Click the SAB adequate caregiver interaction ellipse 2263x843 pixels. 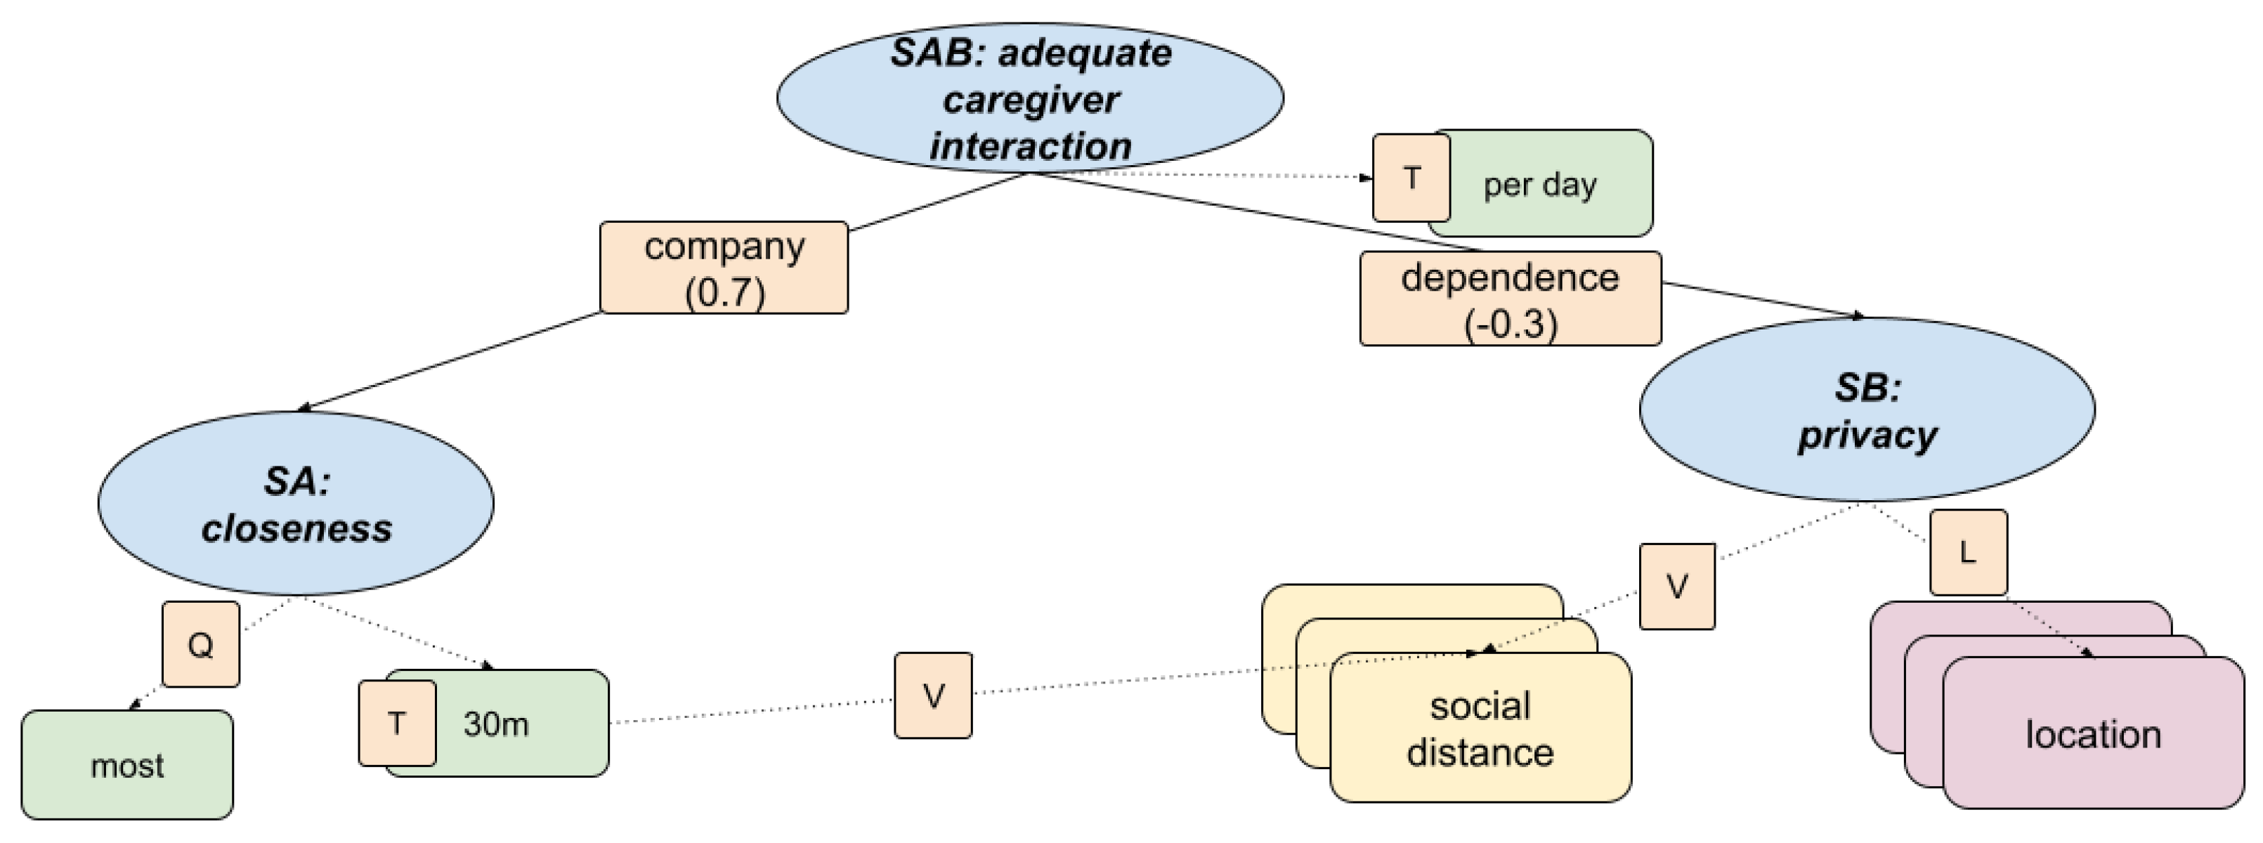point(1029,97)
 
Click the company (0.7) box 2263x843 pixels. point(724,268)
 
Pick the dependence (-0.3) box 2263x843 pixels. point(1510,299)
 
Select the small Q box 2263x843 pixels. point(200,645)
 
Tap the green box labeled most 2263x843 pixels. point(127,765)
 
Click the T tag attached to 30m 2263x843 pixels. point(397,723)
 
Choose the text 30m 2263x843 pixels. point(496,724)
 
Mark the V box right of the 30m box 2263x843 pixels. point(933,695)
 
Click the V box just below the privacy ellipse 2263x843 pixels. point(1676,586)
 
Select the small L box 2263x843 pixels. point(1968,551)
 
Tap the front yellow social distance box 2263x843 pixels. point(1480,729)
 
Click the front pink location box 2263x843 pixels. point(2092,734)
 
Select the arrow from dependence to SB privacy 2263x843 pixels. point(1766,301)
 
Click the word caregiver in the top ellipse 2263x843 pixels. point(1031,99)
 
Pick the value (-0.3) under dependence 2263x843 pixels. point(1510,323)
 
